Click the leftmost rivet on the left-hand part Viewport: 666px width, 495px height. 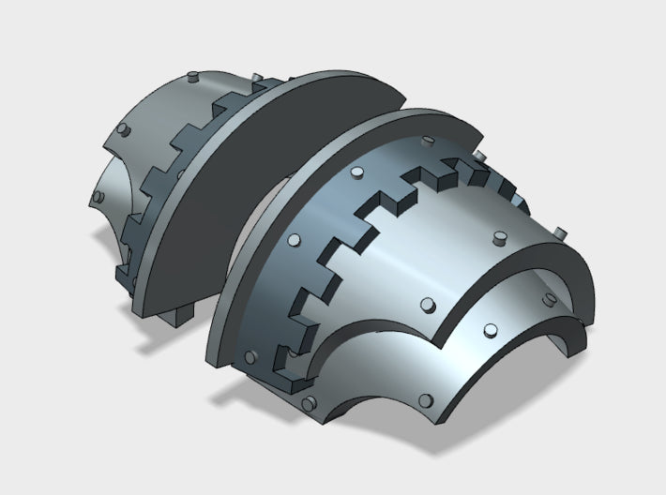(x=98, y=198)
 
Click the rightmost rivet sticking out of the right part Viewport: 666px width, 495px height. (x=560, y=231)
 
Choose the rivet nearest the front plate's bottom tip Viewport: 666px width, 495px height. (x=309, y=403)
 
